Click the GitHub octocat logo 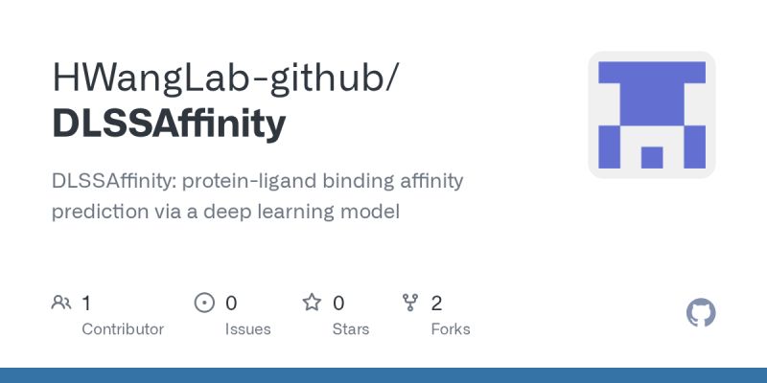(x=702, y=313)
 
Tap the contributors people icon (x=61, y=304)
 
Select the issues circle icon (x=204, y=304)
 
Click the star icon (x=312, y=304)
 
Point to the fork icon (x=410, y=304)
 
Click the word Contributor (x=123, y=329)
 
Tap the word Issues (x=247, y=329)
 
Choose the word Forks (x=451, y=329)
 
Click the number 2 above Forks (x=437, y=304)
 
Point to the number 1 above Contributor (x=86, y=304)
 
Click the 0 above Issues (x=231, y=304)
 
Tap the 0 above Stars (x=338, y=304)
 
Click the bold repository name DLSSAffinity (x=169, y=124)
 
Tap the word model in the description (x=374, y=212)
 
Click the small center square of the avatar (x=652, y=157)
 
